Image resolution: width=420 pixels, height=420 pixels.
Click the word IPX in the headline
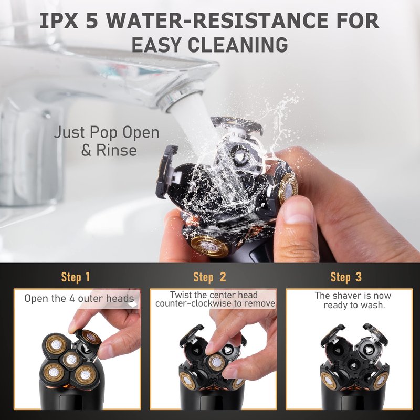pos(59,20)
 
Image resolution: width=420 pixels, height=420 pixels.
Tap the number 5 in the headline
pos(92,20)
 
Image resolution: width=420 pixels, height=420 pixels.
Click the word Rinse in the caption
pos(117,150)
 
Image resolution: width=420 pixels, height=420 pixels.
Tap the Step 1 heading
pos(76,277)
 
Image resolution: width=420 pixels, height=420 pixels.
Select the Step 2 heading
pos(209,277)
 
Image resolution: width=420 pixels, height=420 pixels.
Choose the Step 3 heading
pos(346,277)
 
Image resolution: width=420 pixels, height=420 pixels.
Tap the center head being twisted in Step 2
pos(216,362)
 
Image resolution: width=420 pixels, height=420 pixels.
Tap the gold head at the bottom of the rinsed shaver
pos(209,245)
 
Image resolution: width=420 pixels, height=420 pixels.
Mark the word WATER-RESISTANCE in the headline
pos(219,20)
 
